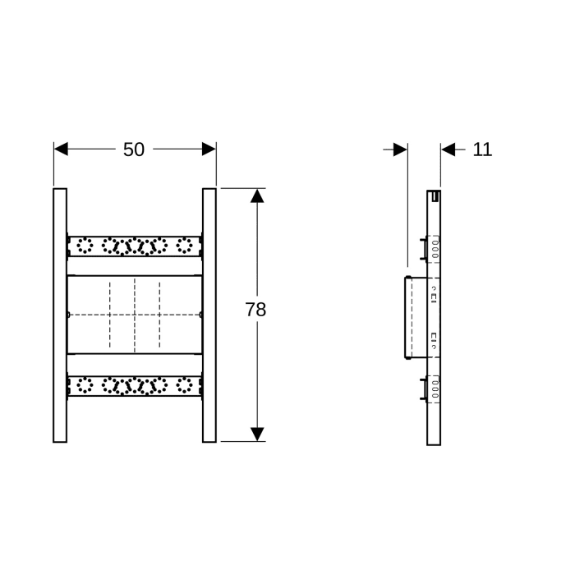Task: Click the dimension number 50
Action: [134, 149]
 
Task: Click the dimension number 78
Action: [255, 310]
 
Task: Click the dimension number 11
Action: [483, 149]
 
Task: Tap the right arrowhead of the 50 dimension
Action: [209, 149]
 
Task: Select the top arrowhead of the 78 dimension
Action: [257, 196]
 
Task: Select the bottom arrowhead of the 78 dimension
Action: [257, 434]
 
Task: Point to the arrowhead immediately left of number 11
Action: [448, 149]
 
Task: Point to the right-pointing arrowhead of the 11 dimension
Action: [400, 149]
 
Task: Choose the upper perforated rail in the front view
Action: [134, 246]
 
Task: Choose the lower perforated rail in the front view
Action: [134, 384]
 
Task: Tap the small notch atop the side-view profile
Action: [435, 195]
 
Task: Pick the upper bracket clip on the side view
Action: [424, 247]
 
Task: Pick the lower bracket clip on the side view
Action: [424, 387]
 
